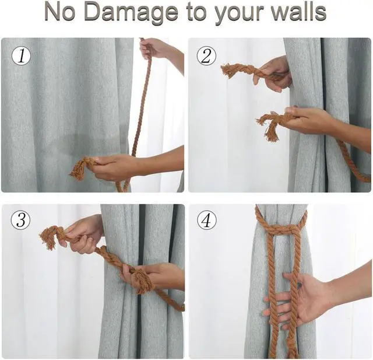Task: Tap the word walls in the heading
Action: pyautogui.click(x=294, y=13)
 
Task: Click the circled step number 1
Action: pyautogui.click(x=22, y=56)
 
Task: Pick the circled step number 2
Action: pyautogui.click(x=206, y=56)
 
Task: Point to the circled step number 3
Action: pyautogui.click(x=22, y=221)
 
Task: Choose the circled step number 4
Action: pyautogui.click(x=206, y=221)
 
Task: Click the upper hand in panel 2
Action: pyautogui.click(x=273, y=73)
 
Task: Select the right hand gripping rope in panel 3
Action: pyautogui.click(x=154, y=278)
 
